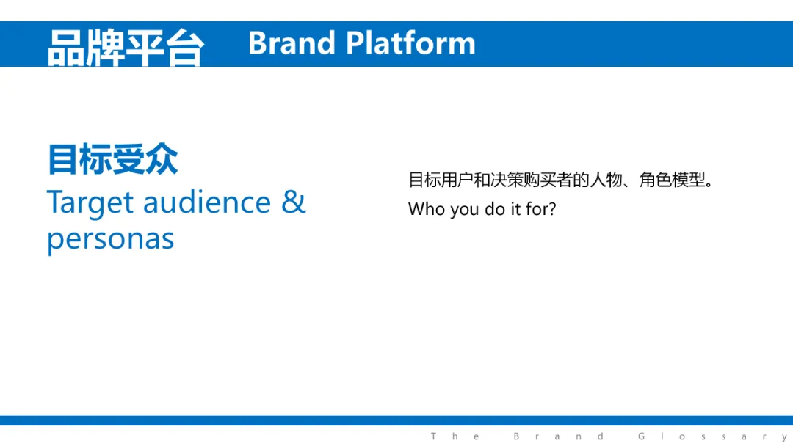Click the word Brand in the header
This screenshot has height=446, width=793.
pyautogui.click(x=292, y=43)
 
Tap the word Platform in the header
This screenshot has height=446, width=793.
pyautogui.click(x=410, y=43)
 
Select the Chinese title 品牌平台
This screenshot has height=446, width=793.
pyautogui.click(x=126, y=48)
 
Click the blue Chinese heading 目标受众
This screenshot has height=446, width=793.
pyautogui.click(x=112, y=159)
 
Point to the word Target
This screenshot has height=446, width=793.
pyautogui.click(x=90, y=203)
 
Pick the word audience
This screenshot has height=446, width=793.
pyautogui.click(x=207, y=202)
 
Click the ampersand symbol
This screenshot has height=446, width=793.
pyautogui.click(x=293, y=202)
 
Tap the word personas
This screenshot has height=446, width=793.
pyautogui.click(x=111, y=239)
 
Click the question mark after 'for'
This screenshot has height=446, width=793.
pyautogui.click(x=551, y=208)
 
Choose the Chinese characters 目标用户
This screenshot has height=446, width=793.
pyautogui.click(x=441, y=180)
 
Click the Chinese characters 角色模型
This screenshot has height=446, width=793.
pyautogui.click(x=672, y=180)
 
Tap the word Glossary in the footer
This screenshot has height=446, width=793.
pyautogui.click(x=713, y=436)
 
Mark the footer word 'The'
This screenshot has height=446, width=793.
pyautogui.click(x=455, y=436)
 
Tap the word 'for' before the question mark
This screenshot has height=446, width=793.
pyautogui.click(x=536, y=208)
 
